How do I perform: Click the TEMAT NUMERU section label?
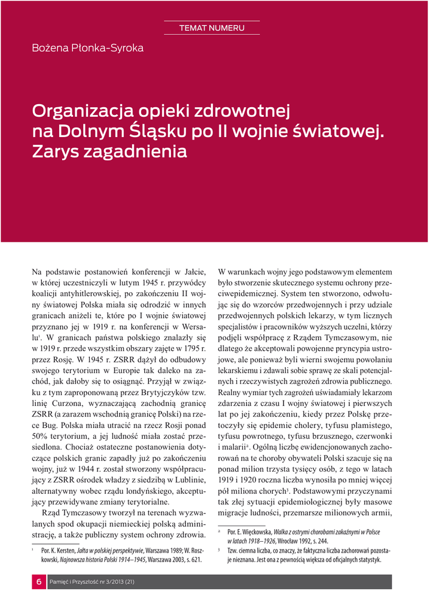point(212,28)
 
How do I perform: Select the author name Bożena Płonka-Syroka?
point(87,48)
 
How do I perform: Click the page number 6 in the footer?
point(39,582)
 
